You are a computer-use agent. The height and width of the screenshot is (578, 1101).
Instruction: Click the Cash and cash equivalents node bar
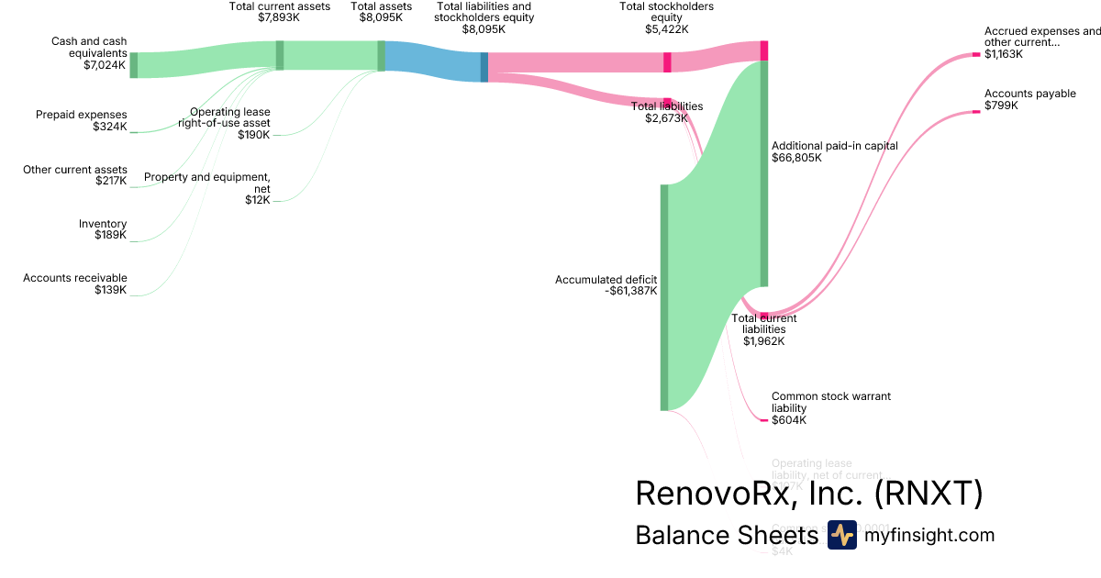pos(133,65)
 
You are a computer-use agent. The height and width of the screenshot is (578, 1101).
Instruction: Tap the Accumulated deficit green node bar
pos(664,297)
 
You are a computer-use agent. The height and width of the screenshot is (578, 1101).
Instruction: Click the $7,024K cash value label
pos(105,66)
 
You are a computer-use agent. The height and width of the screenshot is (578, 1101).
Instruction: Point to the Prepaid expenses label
pos(82,115)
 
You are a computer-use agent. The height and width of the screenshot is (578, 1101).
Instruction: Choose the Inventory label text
pos(103,224)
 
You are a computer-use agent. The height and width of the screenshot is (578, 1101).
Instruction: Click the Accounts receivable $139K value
pos(110,290)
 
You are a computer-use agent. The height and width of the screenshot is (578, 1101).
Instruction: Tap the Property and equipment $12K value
pos(257,200)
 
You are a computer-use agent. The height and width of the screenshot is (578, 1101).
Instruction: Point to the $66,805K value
pos(796,158)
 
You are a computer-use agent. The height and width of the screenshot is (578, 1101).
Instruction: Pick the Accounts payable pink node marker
pos(976,112)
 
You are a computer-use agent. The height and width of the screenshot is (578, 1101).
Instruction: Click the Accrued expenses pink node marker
pos(976,55)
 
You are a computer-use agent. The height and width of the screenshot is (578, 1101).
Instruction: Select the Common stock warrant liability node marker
pos(763,420)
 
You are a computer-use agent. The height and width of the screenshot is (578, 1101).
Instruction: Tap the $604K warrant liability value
pos(789,420)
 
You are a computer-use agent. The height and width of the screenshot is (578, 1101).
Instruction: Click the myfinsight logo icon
pos(841,535)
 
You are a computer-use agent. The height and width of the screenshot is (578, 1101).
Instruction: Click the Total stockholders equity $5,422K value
pos(666,29)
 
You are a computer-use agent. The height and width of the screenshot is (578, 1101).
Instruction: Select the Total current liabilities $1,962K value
pos(763,341)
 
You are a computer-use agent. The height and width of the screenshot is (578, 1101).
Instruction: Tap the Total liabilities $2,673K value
pos(666,118)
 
